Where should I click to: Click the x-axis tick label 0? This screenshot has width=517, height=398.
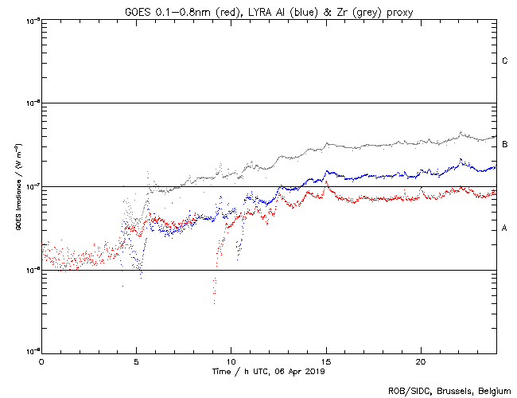[41, 361]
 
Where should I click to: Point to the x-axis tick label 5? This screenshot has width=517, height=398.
[136, 361]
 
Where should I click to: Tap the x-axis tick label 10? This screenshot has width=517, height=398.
[231, 361]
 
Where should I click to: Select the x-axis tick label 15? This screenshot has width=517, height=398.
[325, 361]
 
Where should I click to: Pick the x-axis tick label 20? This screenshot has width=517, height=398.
[420, 361]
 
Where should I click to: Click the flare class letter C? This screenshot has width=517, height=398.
[505, 61]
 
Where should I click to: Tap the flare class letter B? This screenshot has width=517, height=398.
[505, 144]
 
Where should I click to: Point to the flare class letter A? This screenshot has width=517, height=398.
[505, 228]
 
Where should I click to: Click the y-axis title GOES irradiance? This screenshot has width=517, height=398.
[17, 187]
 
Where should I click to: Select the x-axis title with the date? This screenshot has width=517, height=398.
[269, 371]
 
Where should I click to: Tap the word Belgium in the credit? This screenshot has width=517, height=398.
[495, 390]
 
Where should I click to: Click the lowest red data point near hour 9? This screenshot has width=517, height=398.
[214, 302]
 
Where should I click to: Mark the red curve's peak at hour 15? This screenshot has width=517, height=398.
[326, 182]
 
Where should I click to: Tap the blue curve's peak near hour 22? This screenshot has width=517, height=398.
[461, 159]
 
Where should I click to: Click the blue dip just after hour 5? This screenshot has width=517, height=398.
[141, 275]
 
